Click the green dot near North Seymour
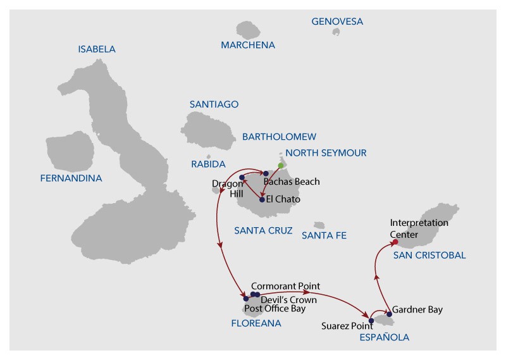pyautogui.click(x=281, y=166)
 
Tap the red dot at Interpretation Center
pyautogui.click(x=395, y=242)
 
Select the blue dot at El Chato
pyautogui.click(x=262, y=200)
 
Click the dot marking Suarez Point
pyautogui.click(x=371, y=321)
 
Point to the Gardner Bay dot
pyautogui.click(x=389, y=314)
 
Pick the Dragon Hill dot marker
pyautogui.click(x=242, y=178)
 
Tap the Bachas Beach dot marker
pyautogui.click(x=266, y=174)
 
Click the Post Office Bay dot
pyautogui.click(x=246, y=299)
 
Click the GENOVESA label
pyautogui.click(x=337, y=22)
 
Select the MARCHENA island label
pyautogui.click(x=248, y=45)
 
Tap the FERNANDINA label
pyautogui.click(x=71, y=178)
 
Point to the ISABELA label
pyautogui.click(x=97, y=49)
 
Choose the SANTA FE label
pyautogui.click(x=324, y=236)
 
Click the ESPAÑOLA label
pyautogui.click(x=385, y=337)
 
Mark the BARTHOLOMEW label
pyautogui.click(x=279, y=137)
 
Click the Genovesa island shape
pyautogui.click(x=336, y=32)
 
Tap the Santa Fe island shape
pyautogui.click(x=319, y=225)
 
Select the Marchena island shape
pyautogui.click(x=248, y=30)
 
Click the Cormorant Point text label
pyautogui.click(x=286, y=286)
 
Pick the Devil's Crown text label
pyautogui.click(x=289, y=300)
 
